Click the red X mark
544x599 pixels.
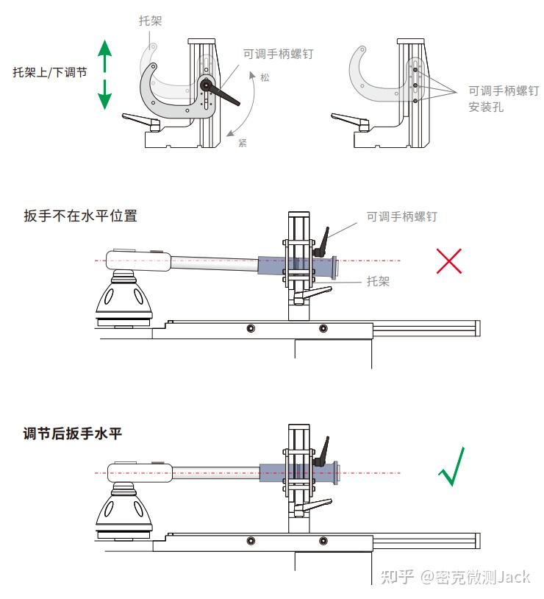[x=448, y=260]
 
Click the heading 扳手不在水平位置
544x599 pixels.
[x=80, y=216]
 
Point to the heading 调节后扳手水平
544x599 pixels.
[x=72, y=434]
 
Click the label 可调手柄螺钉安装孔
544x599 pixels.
[x=498, y=98]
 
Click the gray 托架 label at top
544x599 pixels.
[x=150, y=21]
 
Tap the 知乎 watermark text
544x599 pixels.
[x=398, y=576]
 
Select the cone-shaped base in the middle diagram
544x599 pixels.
[x=123, y=297]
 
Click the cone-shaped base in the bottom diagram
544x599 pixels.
[x=123, y=508]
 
